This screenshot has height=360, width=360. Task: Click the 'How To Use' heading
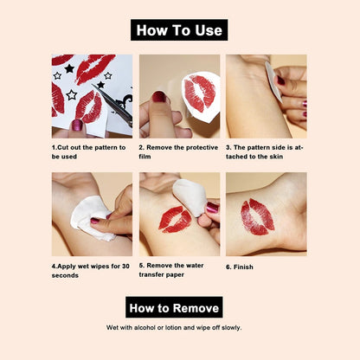click(179, 30)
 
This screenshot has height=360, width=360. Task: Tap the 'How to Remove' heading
click(175, 307)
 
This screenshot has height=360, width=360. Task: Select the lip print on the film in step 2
click(201, 94)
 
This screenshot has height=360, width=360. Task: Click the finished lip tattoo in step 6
click(258, 216)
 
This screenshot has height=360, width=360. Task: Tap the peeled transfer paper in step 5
click(190, 198)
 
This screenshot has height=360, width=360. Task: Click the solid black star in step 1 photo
click(69, 68)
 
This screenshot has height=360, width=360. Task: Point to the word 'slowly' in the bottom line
click(231, 328)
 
